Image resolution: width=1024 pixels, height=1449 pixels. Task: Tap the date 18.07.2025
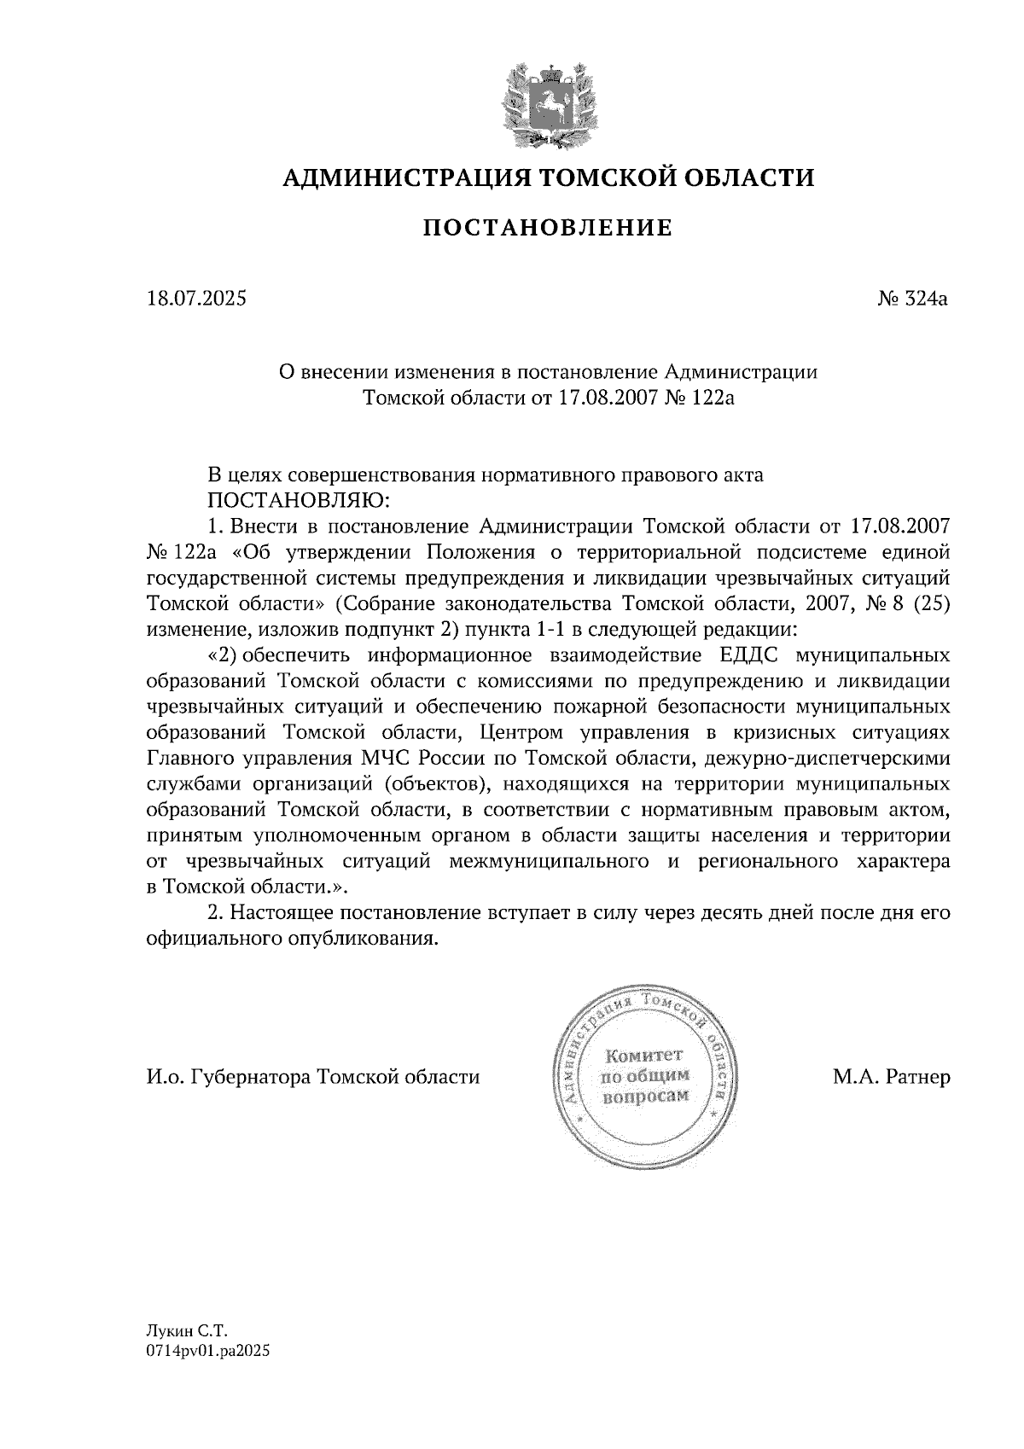[x=195, y=300]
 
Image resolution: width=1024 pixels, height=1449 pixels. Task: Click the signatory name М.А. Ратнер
[x=891, y=1078]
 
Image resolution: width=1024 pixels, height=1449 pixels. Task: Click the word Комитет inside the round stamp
[x=645, y=1056]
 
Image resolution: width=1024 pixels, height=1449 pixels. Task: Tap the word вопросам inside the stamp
[x=645, y=1097]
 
